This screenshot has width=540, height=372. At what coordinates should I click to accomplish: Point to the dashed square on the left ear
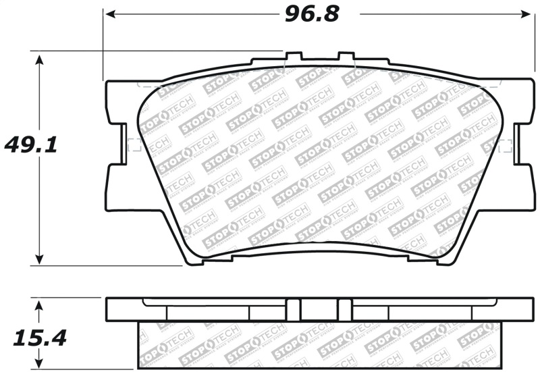click(134, 144)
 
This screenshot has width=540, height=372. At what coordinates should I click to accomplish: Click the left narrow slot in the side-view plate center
click(294, 310)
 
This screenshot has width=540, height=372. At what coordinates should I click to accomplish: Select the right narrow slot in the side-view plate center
click(345, 310)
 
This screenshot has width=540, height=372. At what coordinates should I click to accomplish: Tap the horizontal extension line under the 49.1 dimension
click(108, 265)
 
